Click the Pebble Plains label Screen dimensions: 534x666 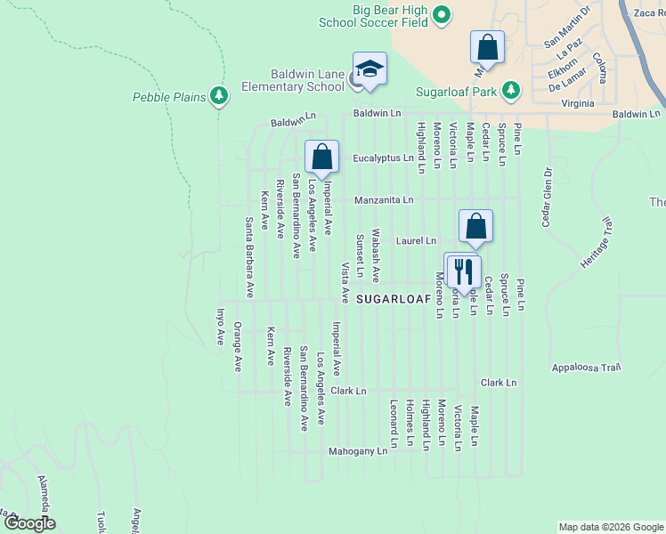coord(169,96)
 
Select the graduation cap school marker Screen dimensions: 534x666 coord(370,69)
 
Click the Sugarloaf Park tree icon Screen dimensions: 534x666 coord(510,90)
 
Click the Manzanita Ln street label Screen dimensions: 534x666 coord(384,200)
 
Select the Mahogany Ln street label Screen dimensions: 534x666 coord(358,451)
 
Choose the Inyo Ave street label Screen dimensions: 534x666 coord(221,327)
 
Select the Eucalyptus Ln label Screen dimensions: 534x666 coord(383,158)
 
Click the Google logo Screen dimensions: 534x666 coord(30,523)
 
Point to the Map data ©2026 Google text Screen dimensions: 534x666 coord(610,527)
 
